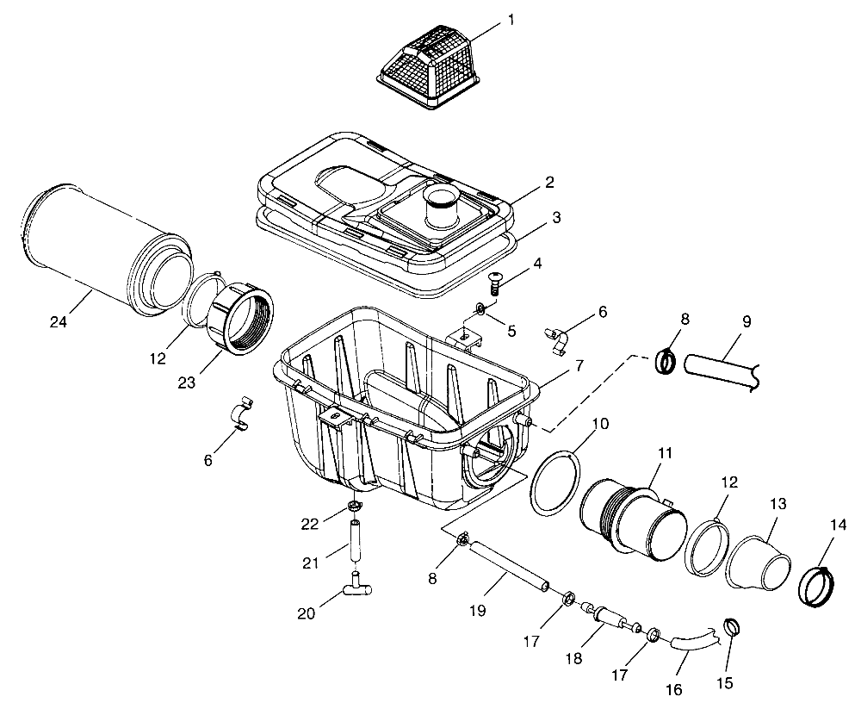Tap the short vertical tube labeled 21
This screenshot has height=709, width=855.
point(355,538)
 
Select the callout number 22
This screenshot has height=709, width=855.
point(311,523)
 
